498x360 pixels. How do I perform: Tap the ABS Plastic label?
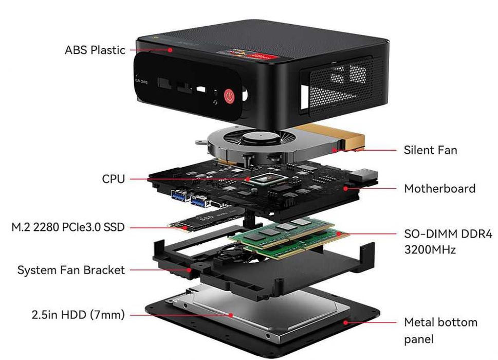[95, 50]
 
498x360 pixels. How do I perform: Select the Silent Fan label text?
[430, 150]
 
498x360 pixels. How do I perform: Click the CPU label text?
[113, 179]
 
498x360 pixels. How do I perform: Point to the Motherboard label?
[439, 188]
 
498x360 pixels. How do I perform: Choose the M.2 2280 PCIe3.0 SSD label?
[68, 227]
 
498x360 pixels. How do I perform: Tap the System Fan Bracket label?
[71, 270]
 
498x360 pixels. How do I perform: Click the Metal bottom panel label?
[440, 330]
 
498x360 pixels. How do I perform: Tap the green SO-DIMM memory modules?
[288, 236]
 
